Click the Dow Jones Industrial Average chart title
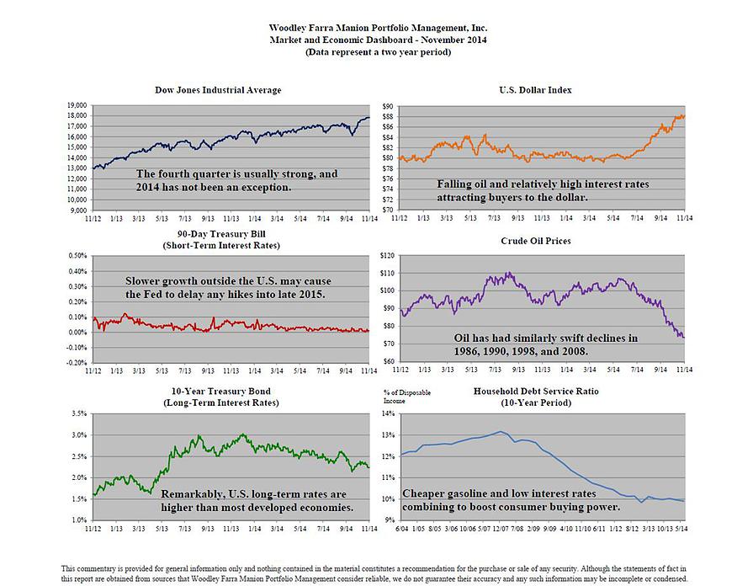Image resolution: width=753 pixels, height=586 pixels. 218,90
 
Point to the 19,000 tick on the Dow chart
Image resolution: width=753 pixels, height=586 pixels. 77,105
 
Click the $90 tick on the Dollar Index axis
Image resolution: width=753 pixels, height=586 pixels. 388,106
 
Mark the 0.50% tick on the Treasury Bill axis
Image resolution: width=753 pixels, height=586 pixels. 77,255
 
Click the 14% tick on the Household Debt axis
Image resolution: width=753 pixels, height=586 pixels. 387,413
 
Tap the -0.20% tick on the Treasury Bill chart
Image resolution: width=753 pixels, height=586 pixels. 76,362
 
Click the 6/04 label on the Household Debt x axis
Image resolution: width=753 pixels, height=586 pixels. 403,530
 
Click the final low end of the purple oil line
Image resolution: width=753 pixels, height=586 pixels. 682,337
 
